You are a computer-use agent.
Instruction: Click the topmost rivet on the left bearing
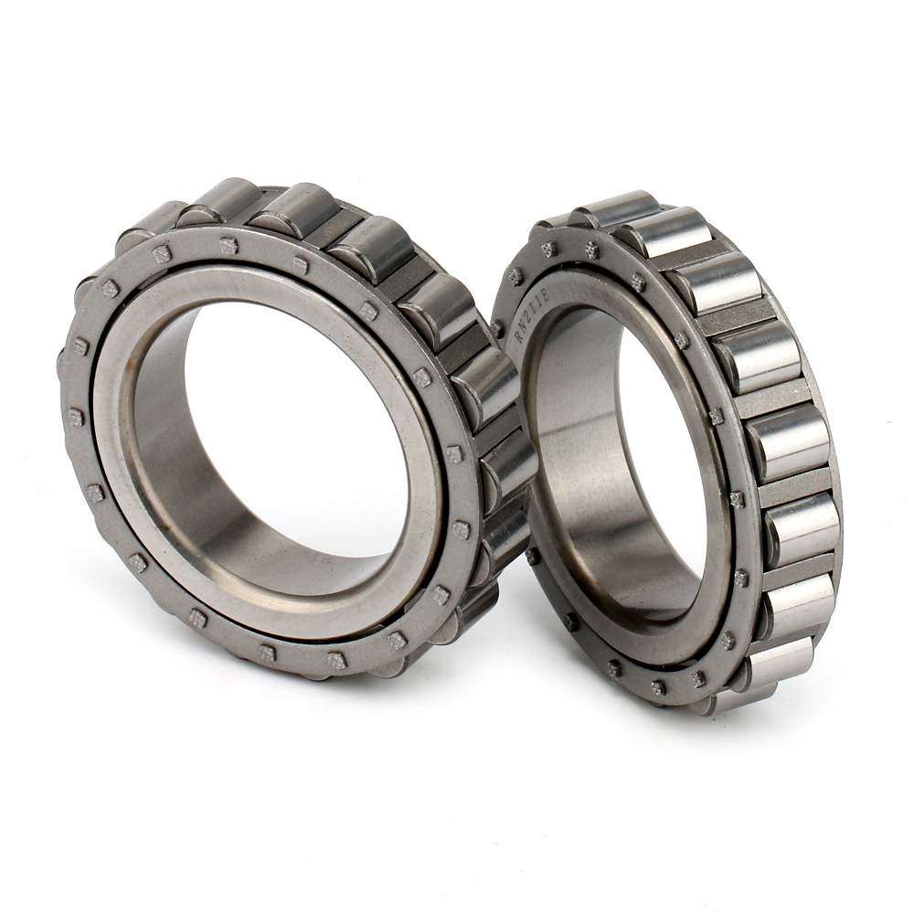pyautogui.click(x=228, y=245)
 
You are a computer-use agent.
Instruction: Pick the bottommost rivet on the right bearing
pyautogui.click(x=658, y=687)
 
